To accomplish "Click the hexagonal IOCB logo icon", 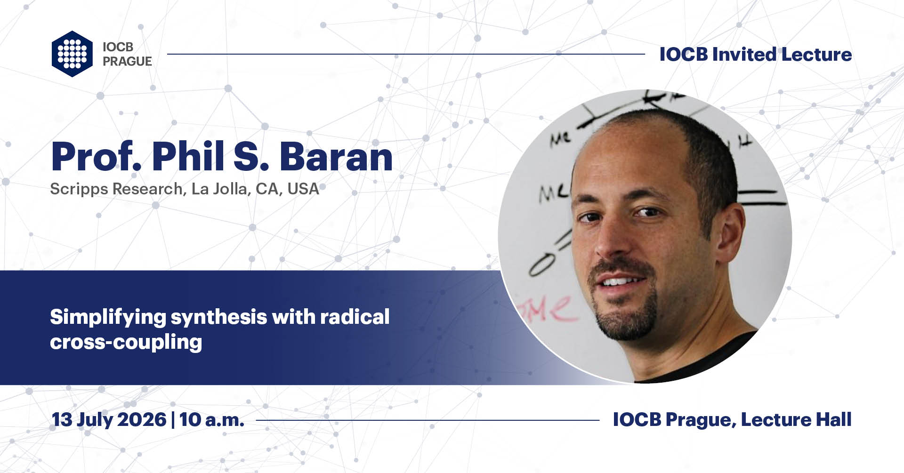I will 72,54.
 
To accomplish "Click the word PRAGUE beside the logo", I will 127,62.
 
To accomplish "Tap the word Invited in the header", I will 744,55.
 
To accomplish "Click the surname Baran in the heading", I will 336,157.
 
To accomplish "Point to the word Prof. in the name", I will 97,157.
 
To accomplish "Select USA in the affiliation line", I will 303,189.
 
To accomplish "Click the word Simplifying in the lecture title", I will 108,317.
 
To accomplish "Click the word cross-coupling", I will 126,342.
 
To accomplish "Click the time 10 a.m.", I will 211,420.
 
